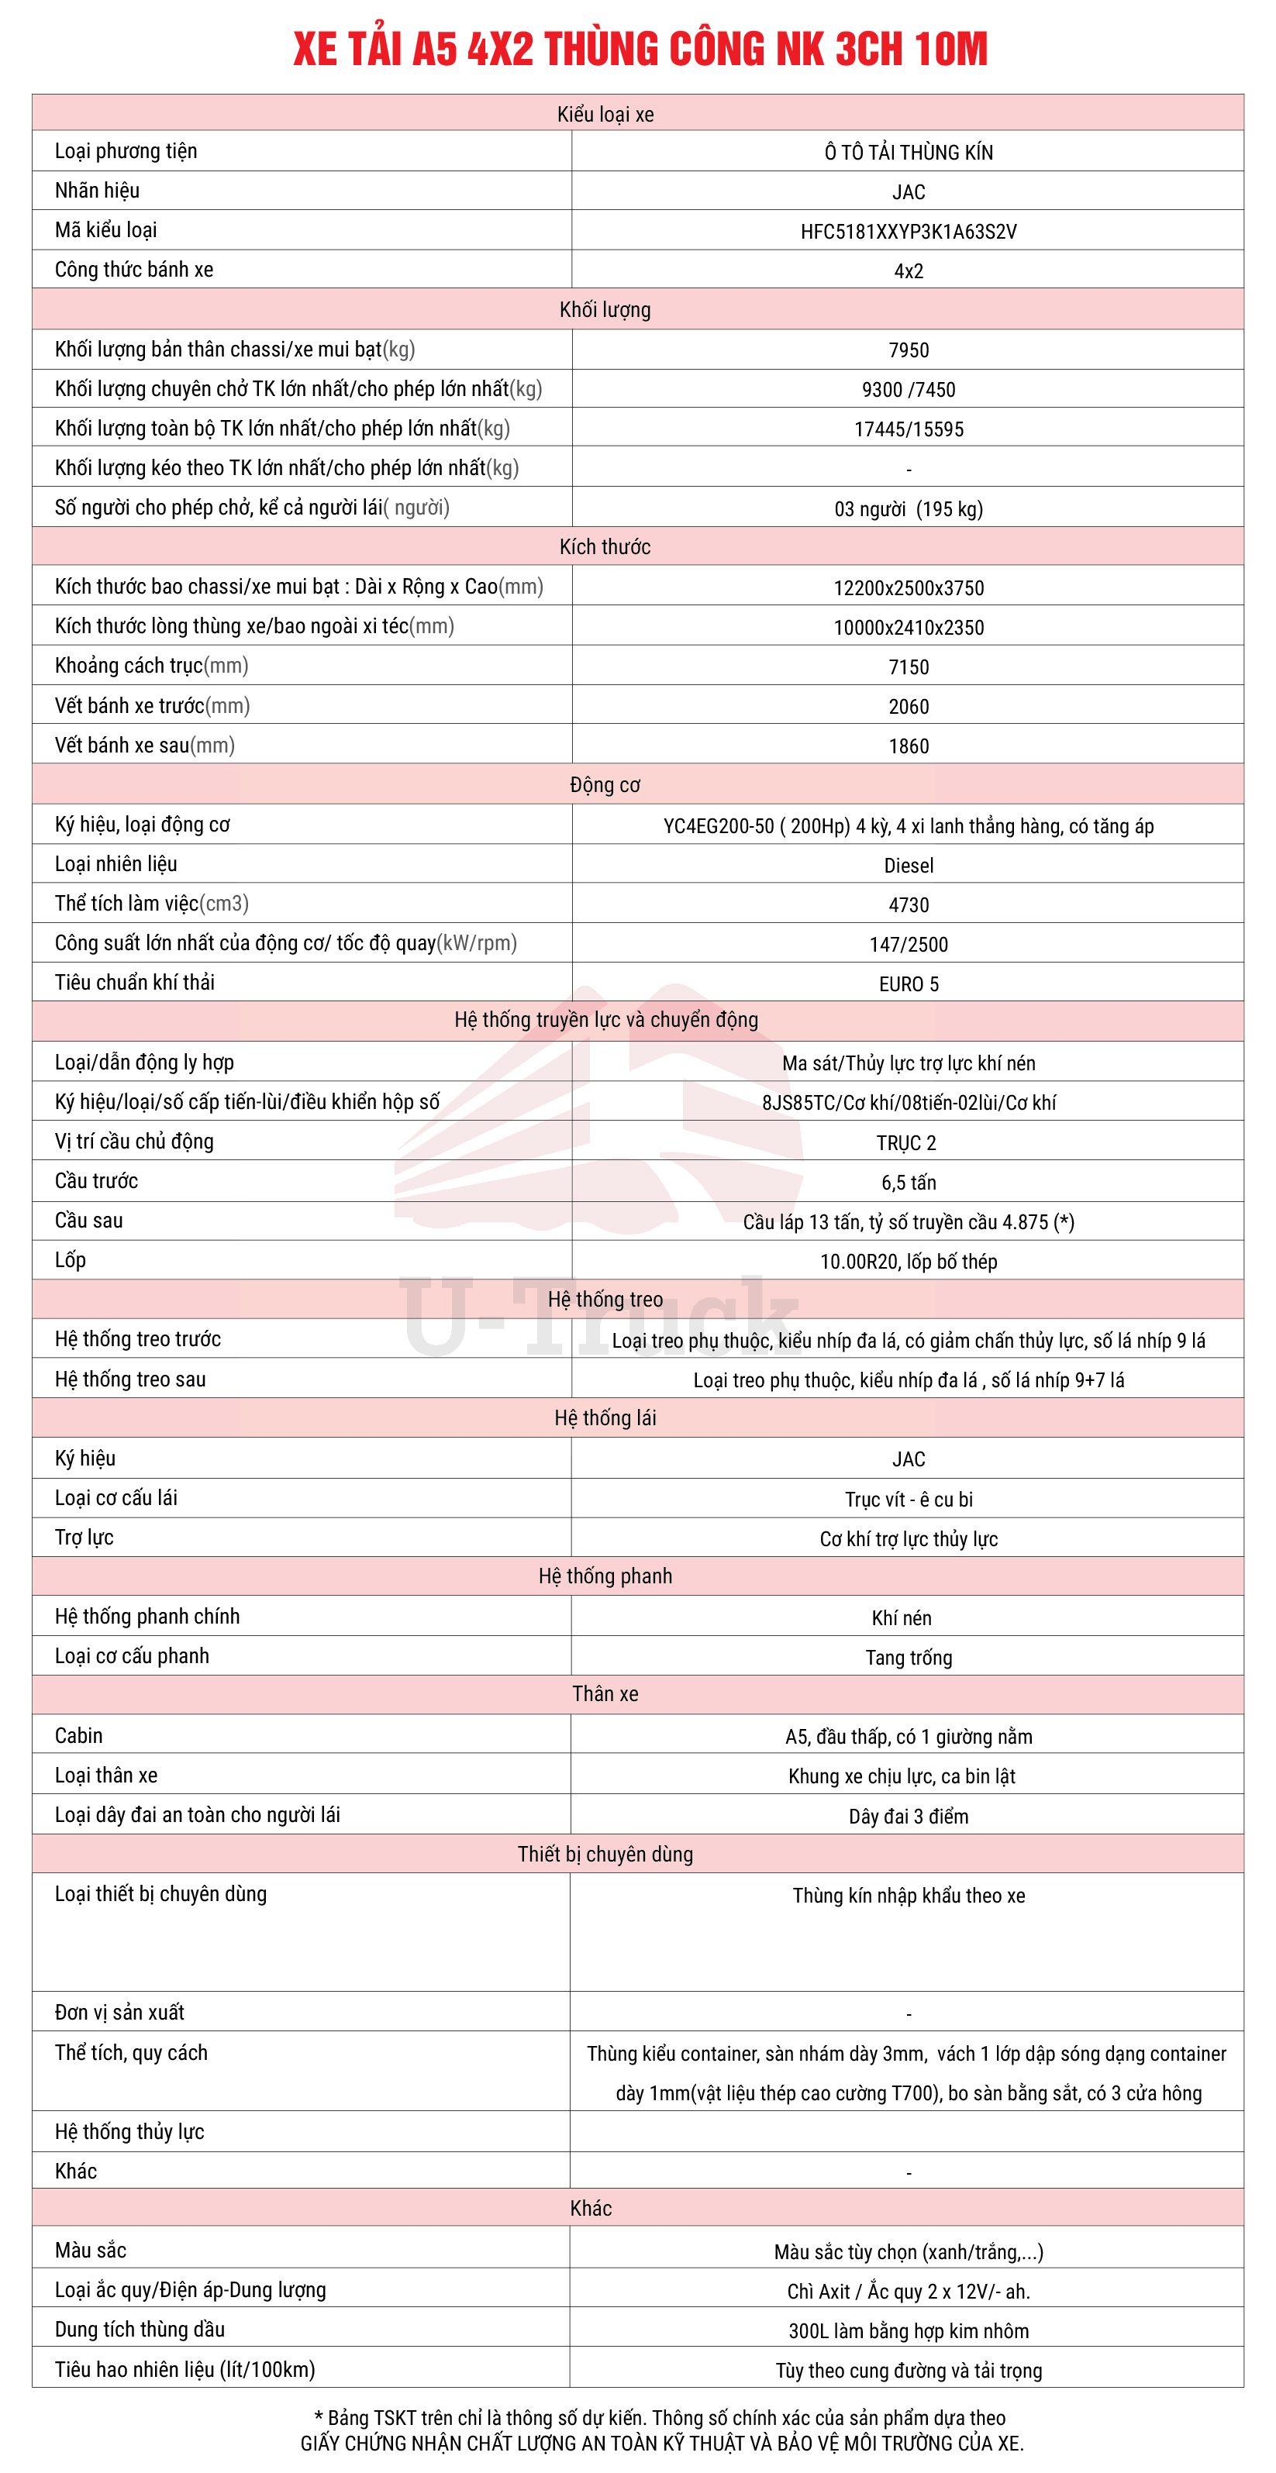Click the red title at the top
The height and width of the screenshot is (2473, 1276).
click(640, 49)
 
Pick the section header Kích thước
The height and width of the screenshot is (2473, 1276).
click(605, 547)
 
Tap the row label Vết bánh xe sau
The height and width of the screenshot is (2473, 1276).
click(144, 745)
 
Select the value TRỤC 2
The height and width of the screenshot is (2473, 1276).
click(905, 1143)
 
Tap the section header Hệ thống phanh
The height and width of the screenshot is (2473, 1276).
click(605, 1576)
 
